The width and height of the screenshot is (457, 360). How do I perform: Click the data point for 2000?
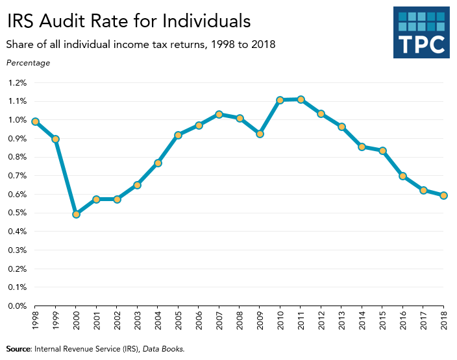(76, 214)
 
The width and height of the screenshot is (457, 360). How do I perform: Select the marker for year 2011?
(301, 99)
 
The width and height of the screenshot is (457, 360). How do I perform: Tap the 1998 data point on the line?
(35, 121)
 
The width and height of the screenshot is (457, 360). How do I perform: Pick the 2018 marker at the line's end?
(444, 195)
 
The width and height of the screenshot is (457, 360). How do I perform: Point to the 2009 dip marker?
(260, 134)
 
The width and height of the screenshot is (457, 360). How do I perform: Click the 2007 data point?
(219, 114)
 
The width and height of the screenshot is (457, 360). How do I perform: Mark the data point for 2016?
(403, 176)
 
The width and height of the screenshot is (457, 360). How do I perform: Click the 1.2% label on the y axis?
(18, 83)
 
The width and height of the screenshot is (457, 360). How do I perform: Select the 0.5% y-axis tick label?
(18, 213)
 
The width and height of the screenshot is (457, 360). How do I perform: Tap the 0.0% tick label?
(18, 306)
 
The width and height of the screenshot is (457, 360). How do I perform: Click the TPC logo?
(421, 34)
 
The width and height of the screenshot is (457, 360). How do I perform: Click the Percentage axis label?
(28, 63)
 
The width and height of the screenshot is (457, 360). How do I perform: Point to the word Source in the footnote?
(18, 349)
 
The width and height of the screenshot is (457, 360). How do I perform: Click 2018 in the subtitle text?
(262, 45)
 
